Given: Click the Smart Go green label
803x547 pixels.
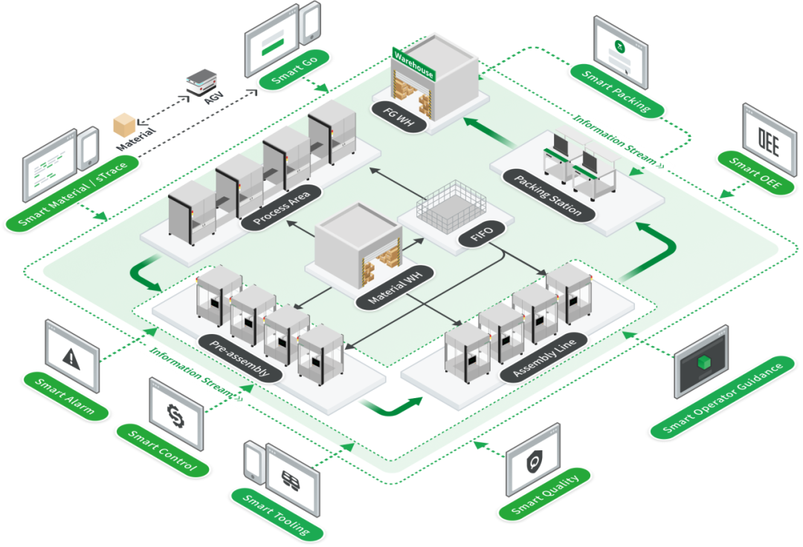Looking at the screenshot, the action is (x=294, y=70).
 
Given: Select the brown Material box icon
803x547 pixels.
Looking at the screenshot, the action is (x=124, y=125).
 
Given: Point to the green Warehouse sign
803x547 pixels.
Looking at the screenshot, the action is (x=414, y=64).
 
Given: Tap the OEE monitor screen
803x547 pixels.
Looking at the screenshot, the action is (x=770, y=139).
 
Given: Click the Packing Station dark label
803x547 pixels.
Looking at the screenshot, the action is (x=548, y=195).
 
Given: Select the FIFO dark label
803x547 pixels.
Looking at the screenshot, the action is (x=482, y=234).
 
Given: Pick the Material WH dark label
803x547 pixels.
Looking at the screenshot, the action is (x=395, y=287).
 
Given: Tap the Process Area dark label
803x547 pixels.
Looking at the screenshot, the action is (x=281, y=207).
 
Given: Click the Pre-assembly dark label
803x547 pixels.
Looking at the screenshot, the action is (x=240, y=359).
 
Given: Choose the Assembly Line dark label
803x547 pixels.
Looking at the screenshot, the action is (x=544, y=357).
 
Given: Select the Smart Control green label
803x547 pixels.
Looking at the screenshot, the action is (x=162, y=450).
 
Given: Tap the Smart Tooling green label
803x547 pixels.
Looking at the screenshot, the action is (x=277, y=515).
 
